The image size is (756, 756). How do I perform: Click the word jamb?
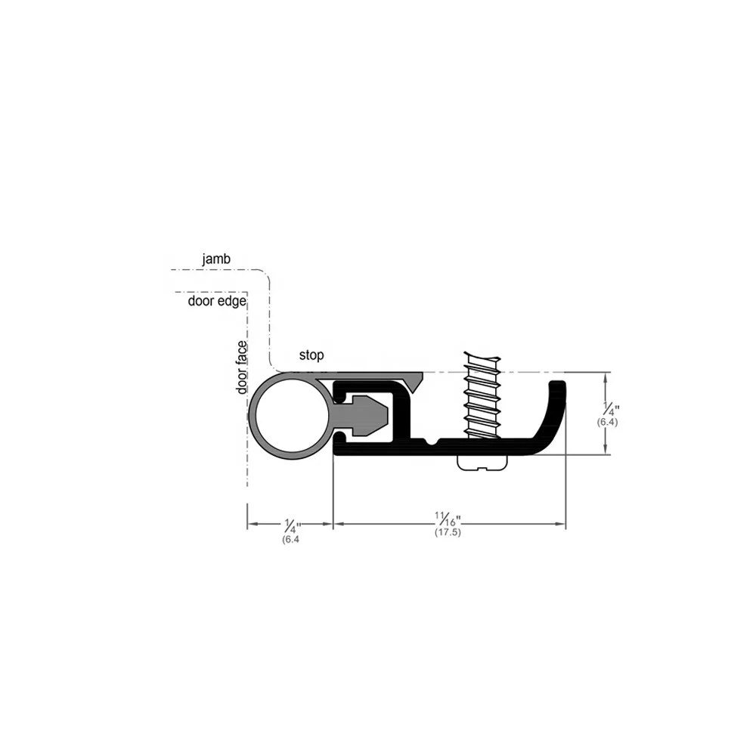(216, 259)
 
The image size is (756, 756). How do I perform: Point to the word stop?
(311, 355)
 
